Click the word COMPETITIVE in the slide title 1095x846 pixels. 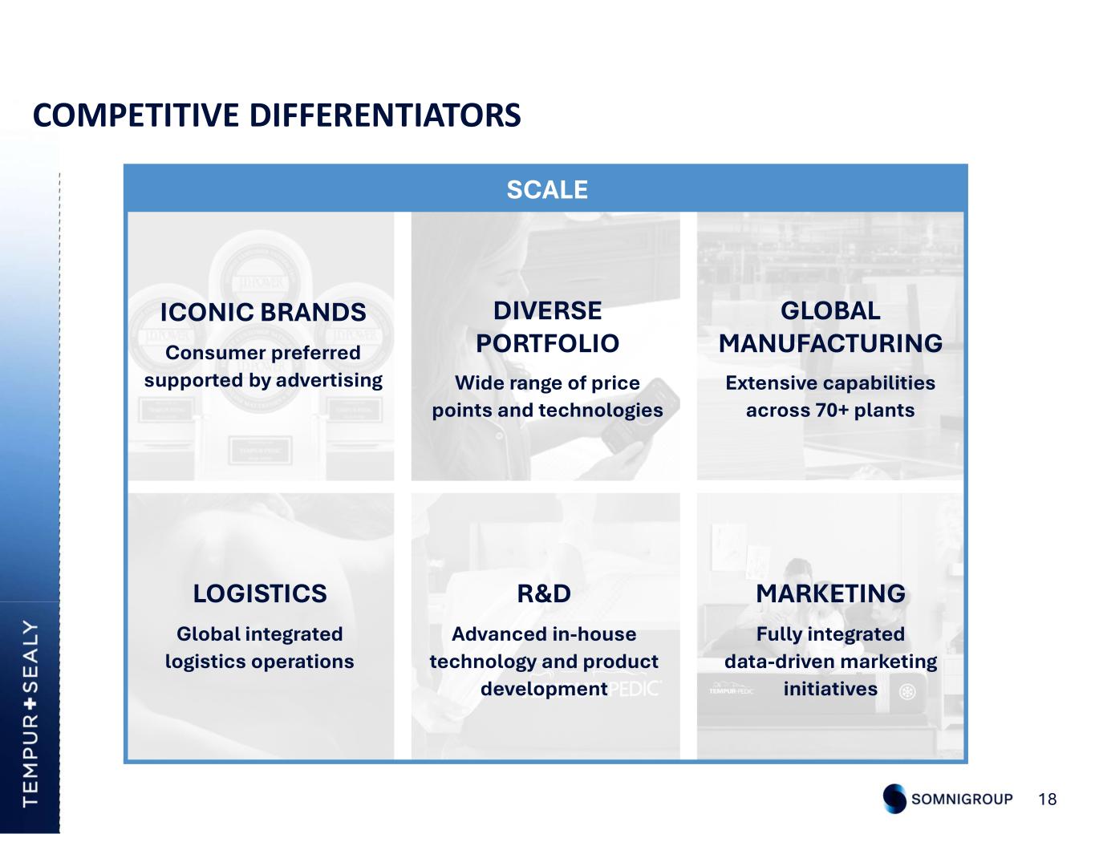(x=136, y=115)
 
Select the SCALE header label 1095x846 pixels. (x=547, y=190)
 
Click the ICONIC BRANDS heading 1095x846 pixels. (x=263, y=312)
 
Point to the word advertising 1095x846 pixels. (x=330, y=380)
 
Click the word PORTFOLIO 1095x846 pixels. (x=548, y=343)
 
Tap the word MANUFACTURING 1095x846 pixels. (x=830, y=343)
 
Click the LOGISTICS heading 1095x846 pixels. (x=260, y=593)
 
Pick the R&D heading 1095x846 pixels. (x=544, y=593)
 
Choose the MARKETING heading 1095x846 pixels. (x=830, y=593)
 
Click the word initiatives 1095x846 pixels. (x=830, y=688)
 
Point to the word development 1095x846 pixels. (x=544, y=689)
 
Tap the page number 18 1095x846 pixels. (x=1048, y=799)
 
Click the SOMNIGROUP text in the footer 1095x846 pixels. (x=962, y=799)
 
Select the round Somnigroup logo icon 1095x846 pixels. (x=894, y=799)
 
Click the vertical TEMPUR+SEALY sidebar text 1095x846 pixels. (x=30, y=714)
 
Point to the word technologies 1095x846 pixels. (x=601, y=411)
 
